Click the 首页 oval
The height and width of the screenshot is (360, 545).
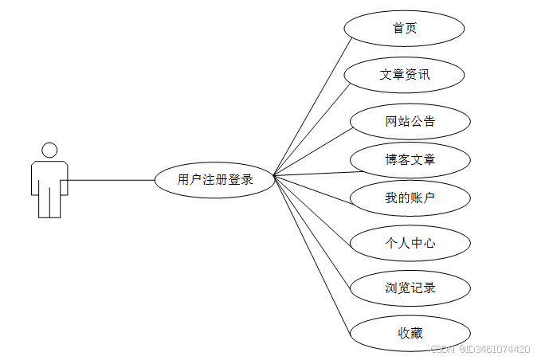point(404,29)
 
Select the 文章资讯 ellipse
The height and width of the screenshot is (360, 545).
point(404,75)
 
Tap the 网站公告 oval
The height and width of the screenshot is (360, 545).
point(410,121)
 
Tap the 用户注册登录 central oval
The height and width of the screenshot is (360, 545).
point(215,180)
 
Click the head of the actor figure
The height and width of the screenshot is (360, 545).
point(49,150)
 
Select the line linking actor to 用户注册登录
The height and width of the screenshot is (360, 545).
point(112,180)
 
